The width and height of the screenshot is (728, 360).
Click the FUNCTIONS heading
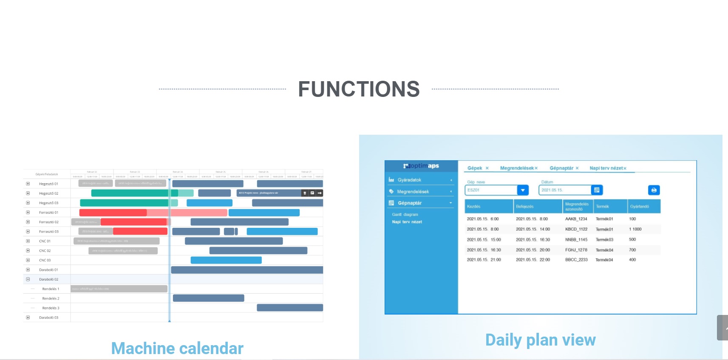tap(359, 89)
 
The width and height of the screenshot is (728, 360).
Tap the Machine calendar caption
tap(177, 348)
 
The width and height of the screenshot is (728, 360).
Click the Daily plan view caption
tap(540, 340)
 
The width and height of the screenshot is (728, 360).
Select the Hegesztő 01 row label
tap(48, 184)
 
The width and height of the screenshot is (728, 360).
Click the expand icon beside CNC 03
tap(28, 260)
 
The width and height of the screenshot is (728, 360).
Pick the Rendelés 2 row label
tap(51, 298)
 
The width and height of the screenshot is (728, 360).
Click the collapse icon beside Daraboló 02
tap(28, 279)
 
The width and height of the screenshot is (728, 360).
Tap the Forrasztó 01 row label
tap(48, 213)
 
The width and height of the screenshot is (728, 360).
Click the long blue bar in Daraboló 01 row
tap(246, 270)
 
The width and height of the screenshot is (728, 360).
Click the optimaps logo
tap(421, 166)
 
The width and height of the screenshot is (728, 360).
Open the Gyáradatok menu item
tap(409, 180)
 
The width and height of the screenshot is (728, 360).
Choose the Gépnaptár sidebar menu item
tap(409, 203)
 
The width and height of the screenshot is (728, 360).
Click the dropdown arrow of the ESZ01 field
tap(523, 190)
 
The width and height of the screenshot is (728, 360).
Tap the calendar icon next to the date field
tap(597, 190)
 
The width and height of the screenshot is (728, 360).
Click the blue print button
tap(654, 190)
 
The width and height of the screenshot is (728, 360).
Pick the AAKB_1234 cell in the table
tap(576, 219)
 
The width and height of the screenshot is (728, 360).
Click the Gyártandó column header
tap(639, 207)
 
